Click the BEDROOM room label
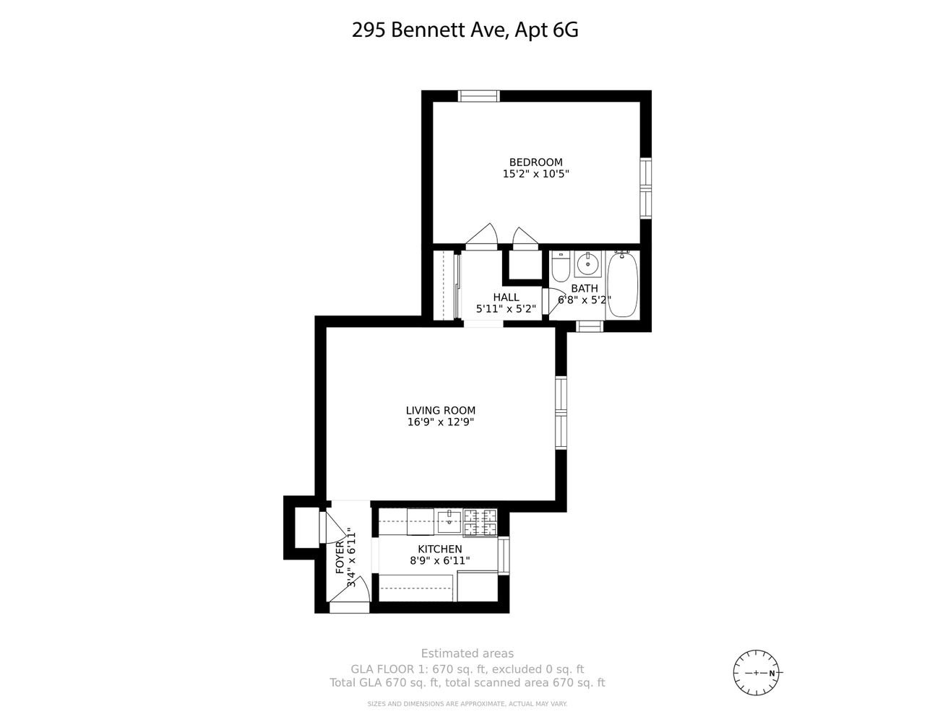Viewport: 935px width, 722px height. coord(535,162)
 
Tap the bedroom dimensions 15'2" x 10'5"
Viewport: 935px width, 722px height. coord(535,174)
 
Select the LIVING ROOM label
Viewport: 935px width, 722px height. coord(441,410)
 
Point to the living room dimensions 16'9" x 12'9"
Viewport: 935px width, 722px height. coord(441,422)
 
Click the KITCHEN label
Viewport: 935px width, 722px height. coord(440,549)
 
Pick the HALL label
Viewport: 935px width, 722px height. coord(506,297)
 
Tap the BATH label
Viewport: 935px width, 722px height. coord(585,288)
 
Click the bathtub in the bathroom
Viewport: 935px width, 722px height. coord(623,284)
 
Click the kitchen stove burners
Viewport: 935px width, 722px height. coord(481,523)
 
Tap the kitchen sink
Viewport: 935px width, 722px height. coord(449,521)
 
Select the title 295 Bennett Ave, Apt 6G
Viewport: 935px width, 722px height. coord(465,30)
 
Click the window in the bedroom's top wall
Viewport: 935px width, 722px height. coord(478,96)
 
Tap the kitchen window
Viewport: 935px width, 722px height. coord(504,555)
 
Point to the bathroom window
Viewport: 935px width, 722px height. coord(590,326)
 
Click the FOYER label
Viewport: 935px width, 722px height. coord(340,558)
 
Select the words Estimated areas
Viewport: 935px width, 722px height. coord(468,653)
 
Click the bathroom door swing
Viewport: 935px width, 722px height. coord(554,301)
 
